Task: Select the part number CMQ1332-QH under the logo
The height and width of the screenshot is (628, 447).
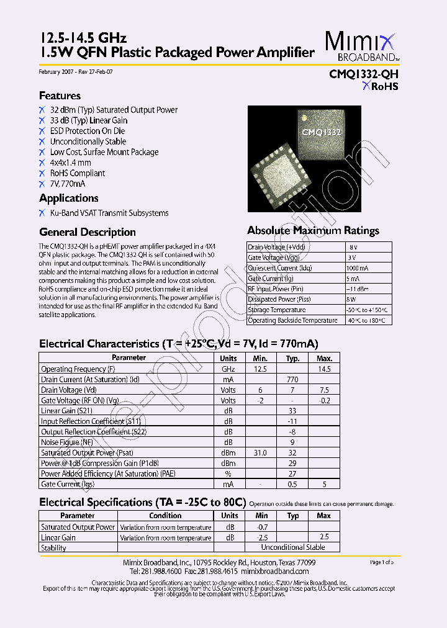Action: tap(363, 74)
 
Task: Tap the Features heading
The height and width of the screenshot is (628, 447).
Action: tap(60, 96)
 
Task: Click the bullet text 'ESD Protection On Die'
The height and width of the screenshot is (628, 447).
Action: tap(88, 131)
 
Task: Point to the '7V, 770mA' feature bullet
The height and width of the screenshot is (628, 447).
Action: tap(68, 184)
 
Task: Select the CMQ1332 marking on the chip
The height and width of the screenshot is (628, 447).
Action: tap(321, 133)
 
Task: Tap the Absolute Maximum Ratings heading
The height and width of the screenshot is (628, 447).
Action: tap(313, 230)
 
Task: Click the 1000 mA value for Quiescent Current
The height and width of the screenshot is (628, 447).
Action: tap(359, 268)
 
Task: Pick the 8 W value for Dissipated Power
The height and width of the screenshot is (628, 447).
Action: tap(353, 300)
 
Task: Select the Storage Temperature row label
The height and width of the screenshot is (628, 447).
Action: tap(277, 310)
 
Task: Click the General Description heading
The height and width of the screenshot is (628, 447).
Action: tap(87, 232)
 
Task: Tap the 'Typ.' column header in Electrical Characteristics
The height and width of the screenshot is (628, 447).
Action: tap(292, 358)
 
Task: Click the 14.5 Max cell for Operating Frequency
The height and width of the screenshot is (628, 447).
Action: tap(324, 369)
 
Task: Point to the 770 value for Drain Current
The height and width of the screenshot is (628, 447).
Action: tap(292, 379)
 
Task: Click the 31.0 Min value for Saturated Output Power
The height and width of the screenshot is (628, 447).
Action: tap(260, 453)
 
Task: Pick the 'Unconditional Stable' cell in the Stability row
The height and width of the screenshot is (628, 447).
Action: tap(292, 547)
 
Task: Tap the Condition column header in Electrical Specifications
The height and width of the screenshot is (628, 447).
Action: tap(165, 516)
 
